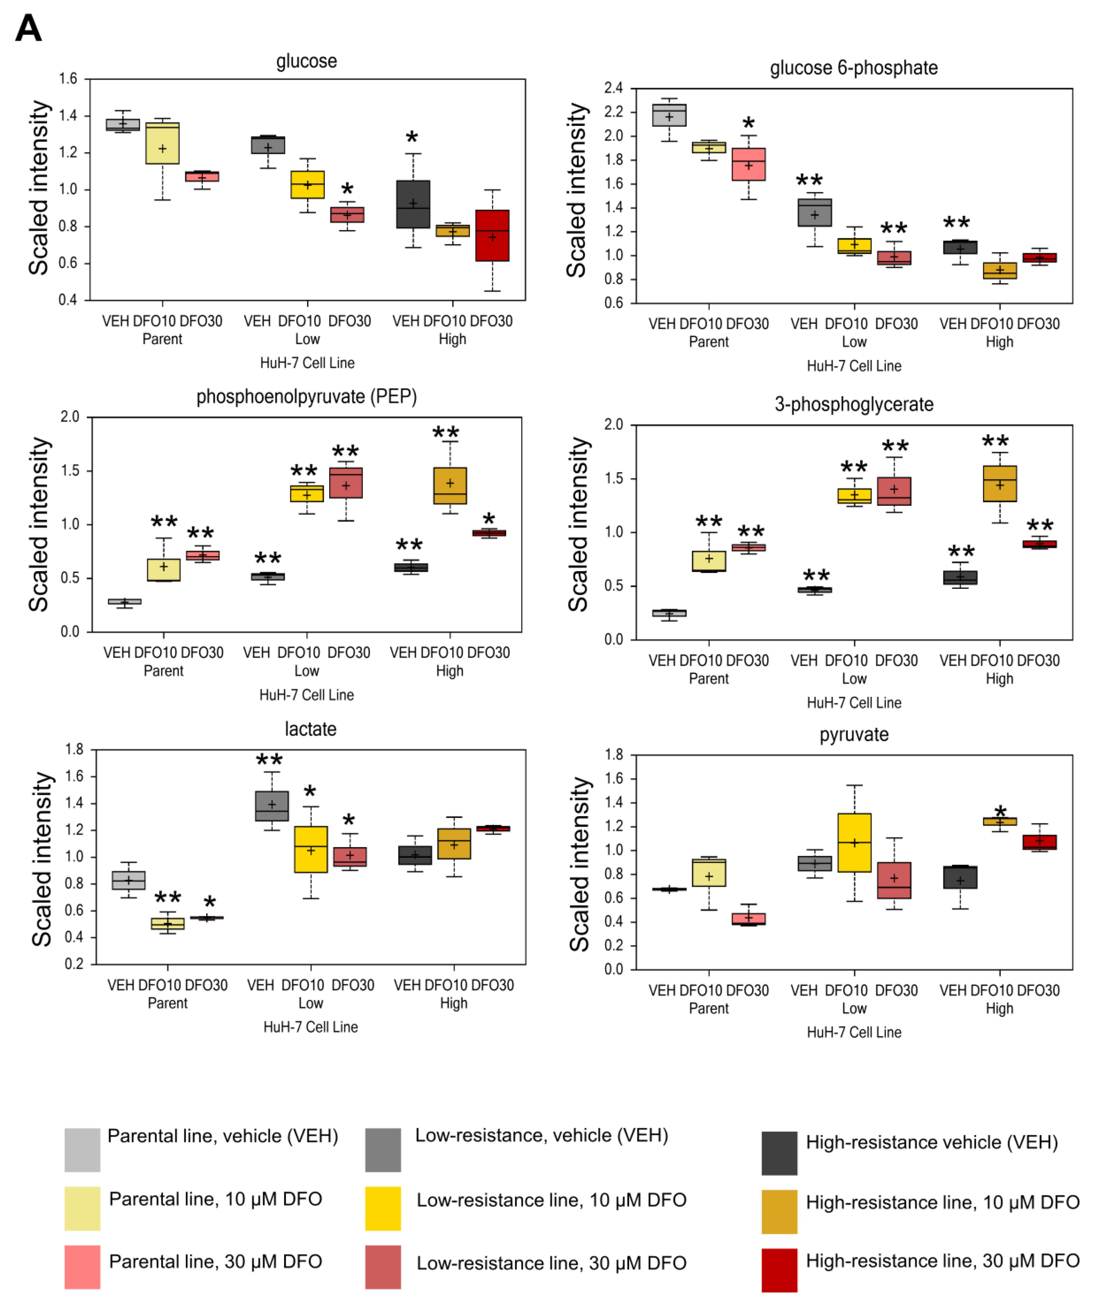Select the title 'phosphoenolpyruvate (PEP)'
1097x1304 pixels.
coord(306,397)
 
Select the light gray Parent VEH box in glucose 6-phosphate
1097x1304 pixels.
coord(669,115)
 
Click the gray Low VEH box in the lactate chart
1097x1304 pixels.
coord(272,806)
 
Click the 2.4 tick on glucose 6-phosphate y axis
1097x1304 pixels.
coord(613,88)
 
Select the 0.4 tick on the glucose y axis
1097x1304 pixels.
coord(68,300)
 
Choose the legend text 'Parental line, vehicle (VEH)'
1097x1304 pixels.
coord(223,1136)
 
